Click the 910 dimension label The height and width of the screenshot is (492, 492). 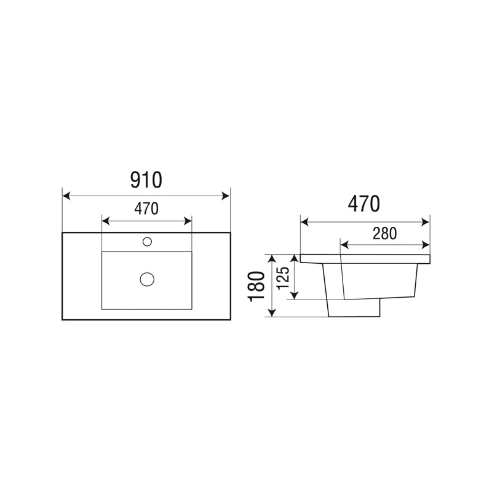146,180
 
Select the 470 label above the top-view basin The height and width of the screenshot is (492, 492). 146,208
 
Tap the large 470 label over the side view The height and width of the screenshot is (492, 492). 364,204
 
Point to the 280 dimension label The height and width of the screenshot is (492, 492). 385,234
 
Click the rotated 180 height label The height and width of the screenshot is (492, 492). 256,287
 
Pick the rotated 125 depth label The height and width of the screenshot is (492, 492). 283,278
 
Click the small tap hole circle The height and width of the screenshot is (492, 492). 147,242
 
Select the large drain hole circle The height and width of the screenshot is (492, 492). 147,279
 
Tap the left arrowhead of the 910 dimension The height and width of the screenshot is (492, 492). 66,196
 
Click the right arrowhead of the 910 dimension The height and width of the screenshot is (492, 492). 226,196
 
